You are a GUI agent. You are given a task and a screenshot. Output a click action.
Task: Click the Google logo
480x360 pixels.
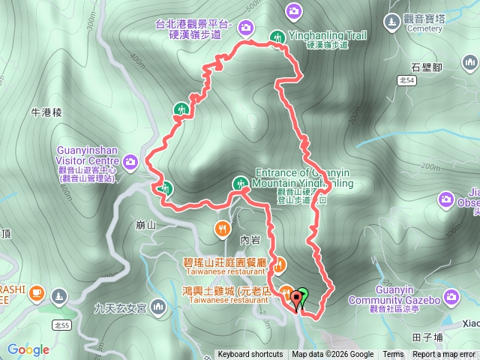28,349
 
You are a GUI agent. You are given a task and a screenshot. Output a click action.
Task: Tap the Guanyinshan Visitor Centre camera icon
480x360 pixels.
131,160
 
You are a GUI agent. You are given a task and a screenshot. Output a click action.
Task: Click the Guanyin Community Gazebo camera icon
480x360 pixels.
451,298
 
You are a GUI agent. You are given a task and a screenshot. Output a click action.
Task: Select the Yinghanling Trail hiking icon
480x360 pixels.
278,37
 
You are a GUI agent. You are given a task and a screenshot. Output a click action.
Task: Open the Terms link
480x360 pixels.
393,355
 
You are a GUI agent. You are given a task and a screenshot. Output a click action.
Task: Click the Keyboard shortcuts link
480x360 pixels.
250,355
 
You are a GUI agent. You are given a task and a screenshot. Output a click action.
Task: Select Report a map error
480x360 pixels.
444,355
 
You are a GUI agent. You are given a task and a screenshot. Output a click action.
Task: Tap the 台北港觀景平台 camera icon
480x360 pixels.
245,28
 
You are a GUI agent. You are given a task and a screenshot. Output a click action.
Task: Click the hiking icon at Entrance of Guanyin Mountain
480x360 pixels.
240,182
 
